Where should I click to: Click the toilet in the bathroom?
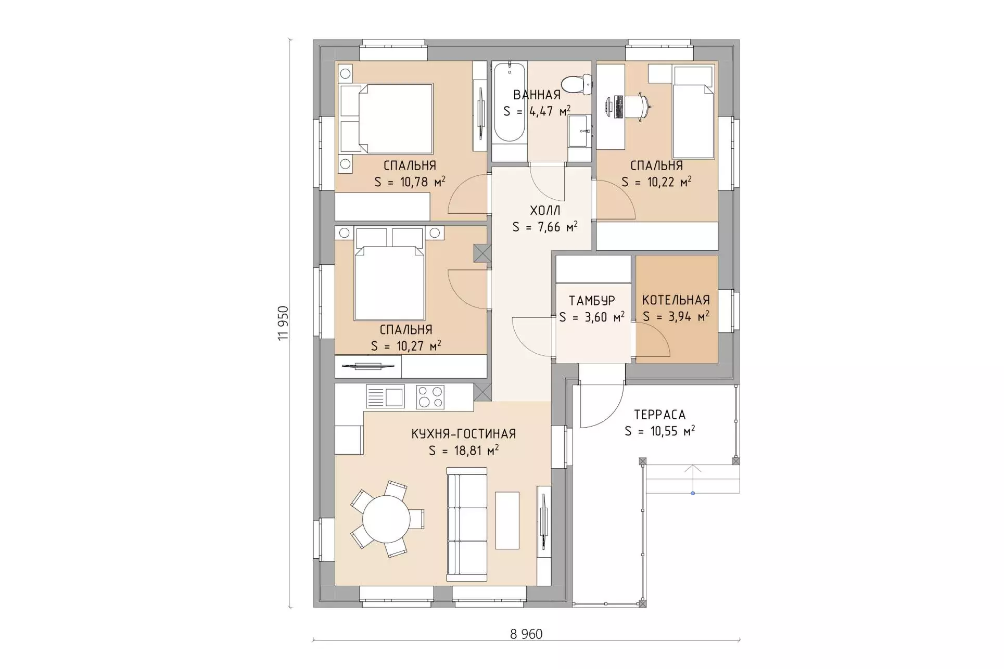pos(577,84)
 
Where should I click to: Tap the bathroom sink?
pos(579,131)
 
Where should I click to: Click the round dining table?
pos(386,520)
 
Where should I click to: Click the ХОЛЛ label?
pos(545,211)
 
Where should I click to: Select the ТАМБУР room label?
pos(592,301)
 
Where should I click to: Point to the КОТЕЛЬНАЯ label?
pos(676,300)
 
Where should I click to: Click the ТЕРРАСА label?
pos(659,415)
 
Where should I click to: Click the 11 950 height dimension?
pos(283,323)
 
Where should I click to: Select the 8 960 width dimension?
pos(526,634)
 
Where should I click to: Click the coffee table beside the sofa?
pos(507,520)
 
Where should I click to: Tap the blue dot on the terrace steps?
pos(693,493)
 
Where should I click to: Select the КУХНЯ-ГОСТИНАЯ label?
pos(464,434)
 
